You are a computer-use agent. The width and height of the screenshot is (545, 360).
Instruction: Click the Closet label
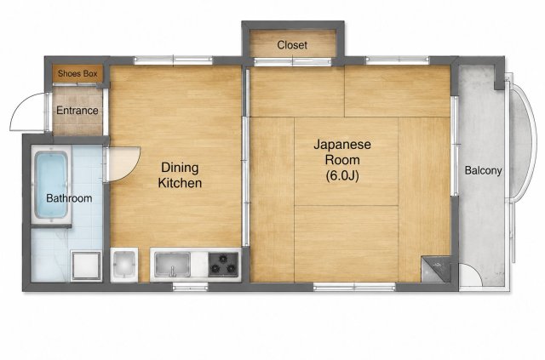292,45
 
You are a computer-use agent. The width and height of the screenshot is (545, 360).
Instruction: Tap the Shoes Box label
77,73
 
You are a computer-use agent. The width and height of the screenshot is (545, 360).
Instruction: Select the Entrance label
77,111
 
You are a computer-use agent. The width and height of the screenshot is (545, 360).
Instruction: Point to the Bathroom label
69,198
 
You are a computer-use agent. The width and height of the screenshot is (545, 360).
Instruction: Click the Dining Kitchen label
180,175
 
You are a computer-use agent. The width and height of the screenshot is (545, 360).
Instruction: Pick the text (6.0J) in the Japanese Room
342,176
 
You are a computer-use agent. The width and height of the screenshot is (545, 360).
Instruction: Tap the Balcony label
483,170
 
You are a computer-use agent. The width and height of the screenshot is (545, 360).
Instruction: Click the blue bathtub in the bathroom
51,185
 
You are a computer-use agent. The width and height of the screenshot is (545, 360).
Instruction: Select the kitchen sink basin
173,265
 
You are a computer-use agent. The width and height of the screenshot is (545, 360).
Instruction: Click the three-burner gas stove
223,265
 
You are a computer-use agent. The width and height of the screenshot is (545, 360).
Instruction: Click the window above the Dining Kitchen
173,60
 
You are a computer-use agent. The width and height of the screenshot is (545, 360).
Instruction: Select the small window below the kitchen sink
190,286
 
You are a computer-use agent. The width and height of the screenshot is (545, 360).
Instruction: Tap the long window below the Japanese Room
354,287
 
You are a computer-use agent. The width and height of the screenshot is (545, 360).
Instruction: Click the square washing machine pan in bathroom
86,266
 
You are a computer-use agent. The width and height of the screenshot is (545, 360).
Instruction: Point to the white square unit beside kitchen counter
124,265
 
